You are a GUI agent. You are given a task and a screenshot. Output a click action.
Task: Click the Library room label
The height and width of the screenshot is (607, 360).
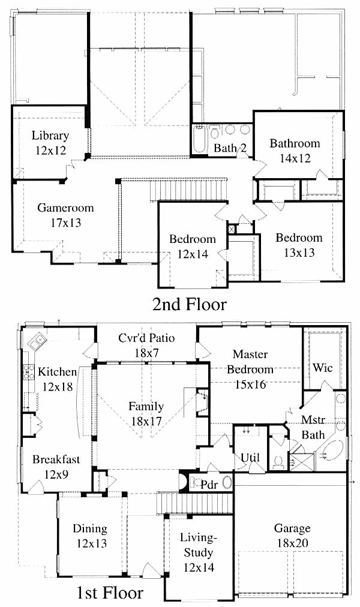[50, 136]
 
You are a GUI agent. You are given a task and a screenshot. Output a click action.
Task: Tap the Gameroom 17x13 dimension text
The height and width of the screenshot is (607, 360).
[66, 223]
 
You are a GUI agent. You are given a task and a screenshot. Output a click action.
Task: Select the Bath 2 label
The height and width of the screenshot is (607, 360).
[230, 148]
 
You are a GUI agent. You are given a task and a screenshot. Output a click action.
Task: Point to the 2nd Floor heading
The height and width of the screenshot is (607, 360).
[189, 304]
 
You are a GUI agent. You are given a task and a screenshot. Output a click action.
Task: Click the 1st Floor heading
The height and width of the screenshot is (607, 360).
[110, 593]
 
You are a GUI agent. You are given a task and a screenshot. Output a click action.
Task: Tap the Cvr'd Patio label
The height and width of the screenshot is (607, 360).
[146, 338]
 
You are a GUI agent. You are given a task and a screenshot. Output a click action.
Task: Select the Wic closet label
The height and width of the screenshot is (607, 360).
[322, 367]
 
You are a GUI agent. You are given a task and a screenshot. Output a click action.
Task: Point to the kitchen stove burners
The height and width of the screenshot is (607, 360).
[28, 372]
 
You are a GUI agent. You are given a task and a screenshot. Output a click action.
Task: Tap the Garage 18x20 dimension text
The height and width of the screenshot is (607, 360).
[292, 543]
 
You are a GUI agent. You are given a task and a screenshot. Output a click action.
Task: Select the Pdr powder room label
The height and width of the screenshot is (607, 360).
[209, 484]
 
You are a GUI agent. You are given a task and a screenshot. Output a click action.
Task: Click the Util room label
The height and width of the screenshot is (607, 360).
[250, 458]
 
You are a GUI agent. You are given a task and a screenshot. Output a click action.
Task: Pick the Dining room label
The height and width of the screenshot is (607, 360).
[90, 528]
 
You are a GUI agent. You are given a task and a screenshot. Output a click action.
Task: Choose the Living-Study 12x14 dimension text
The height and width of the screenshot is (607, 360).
[199, 567]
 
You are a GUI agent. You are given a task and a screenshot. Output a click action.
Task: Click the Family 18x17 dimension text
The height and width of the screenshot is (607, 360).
[146, 421]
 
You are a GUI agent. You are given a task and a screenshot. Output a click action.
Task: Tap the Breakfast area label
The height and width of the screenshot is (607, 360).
[56, 459]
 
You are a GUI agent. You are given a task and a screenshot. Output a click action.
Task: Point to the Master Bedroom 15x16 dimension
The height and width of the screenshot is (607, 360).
[250, 384]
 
